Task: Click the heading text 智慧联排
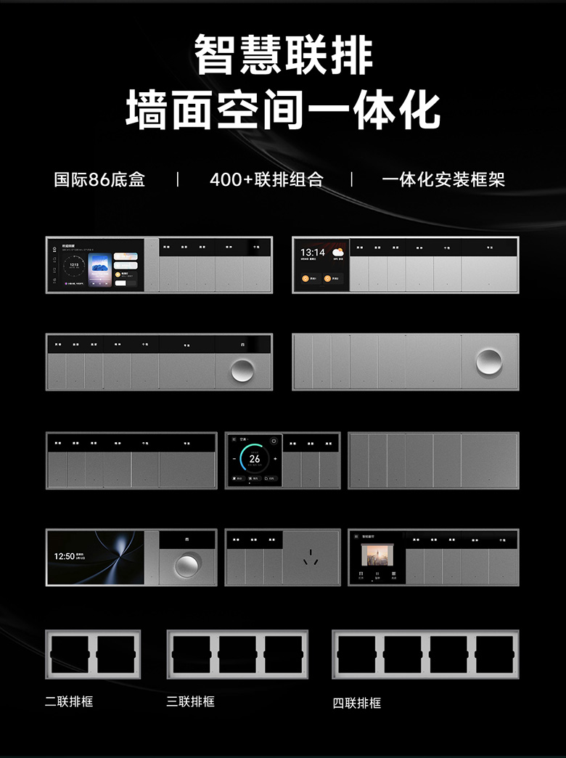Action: point(283,56)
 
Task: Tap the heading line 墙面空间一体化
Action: point(283,111)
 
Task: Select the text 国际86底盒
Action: point(99,179)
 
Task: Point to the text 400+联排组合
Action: point(266,179)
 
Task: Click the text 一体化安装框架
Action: point(443,179)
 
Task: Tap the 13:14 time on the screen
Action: point(313,253)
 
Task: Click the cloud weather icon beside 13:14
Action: point(339,253)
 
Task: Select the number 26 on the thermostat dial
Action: point(255,459)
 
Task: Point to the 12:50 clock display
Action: point(65,556)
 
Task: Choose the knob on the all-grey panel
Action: point(489,362)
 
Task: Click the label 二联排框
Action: point(69,701)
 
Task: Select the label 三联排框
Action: point(190,701)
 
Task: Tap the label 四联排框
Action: point(356,703)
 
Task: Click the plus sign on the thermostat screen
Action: point(275,459)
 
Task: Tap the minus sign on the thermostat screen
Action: point(234,459)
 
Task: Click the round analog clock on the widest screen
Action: point(75,266)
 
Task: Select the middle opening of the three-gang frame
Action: point(237,654)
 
